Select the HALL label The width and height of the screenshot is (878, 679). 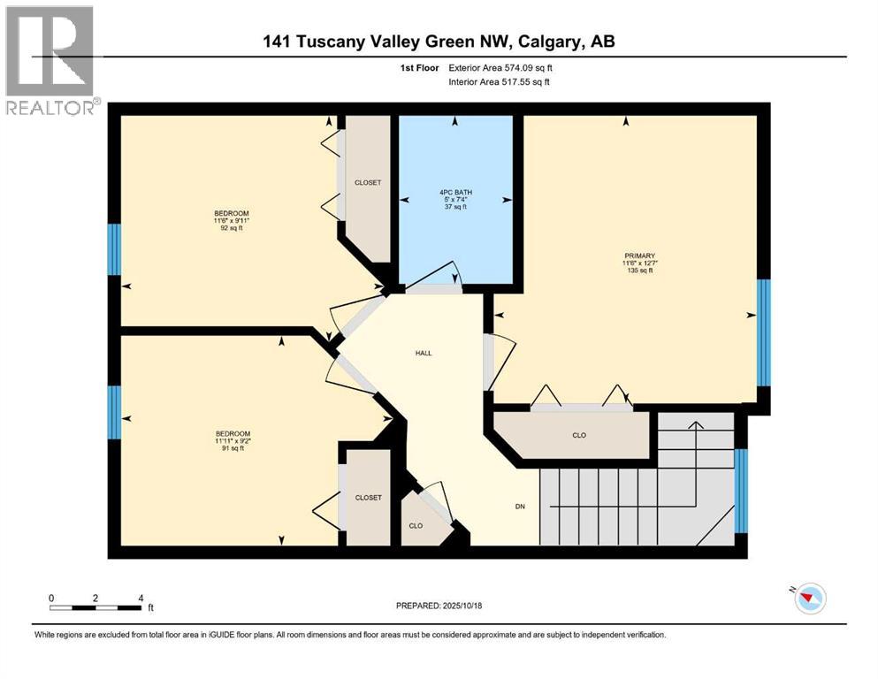[424, 353]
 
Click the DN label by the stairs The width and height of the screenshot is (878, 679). [521, 507]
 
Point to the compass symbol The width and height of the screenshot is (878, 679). [809, 599]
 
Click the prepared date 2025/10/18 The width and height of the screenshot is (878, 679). [439, 606]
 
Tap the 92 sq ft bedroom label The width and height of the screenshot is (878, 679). [232, 221]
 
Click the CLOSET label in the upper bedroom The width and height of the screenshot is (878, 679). [368, 182]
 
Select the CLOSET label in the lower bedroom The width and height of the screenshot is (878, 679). [368, 498]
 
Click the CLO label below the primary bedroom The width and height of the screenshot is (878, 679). [579, 435]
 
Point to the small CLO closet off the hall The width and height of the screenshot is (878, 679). [416, 525]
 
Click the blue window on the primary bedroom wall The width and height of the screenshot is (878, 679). [764, 332]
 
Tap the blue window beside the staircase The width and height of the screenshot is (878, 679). [741, 492]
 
